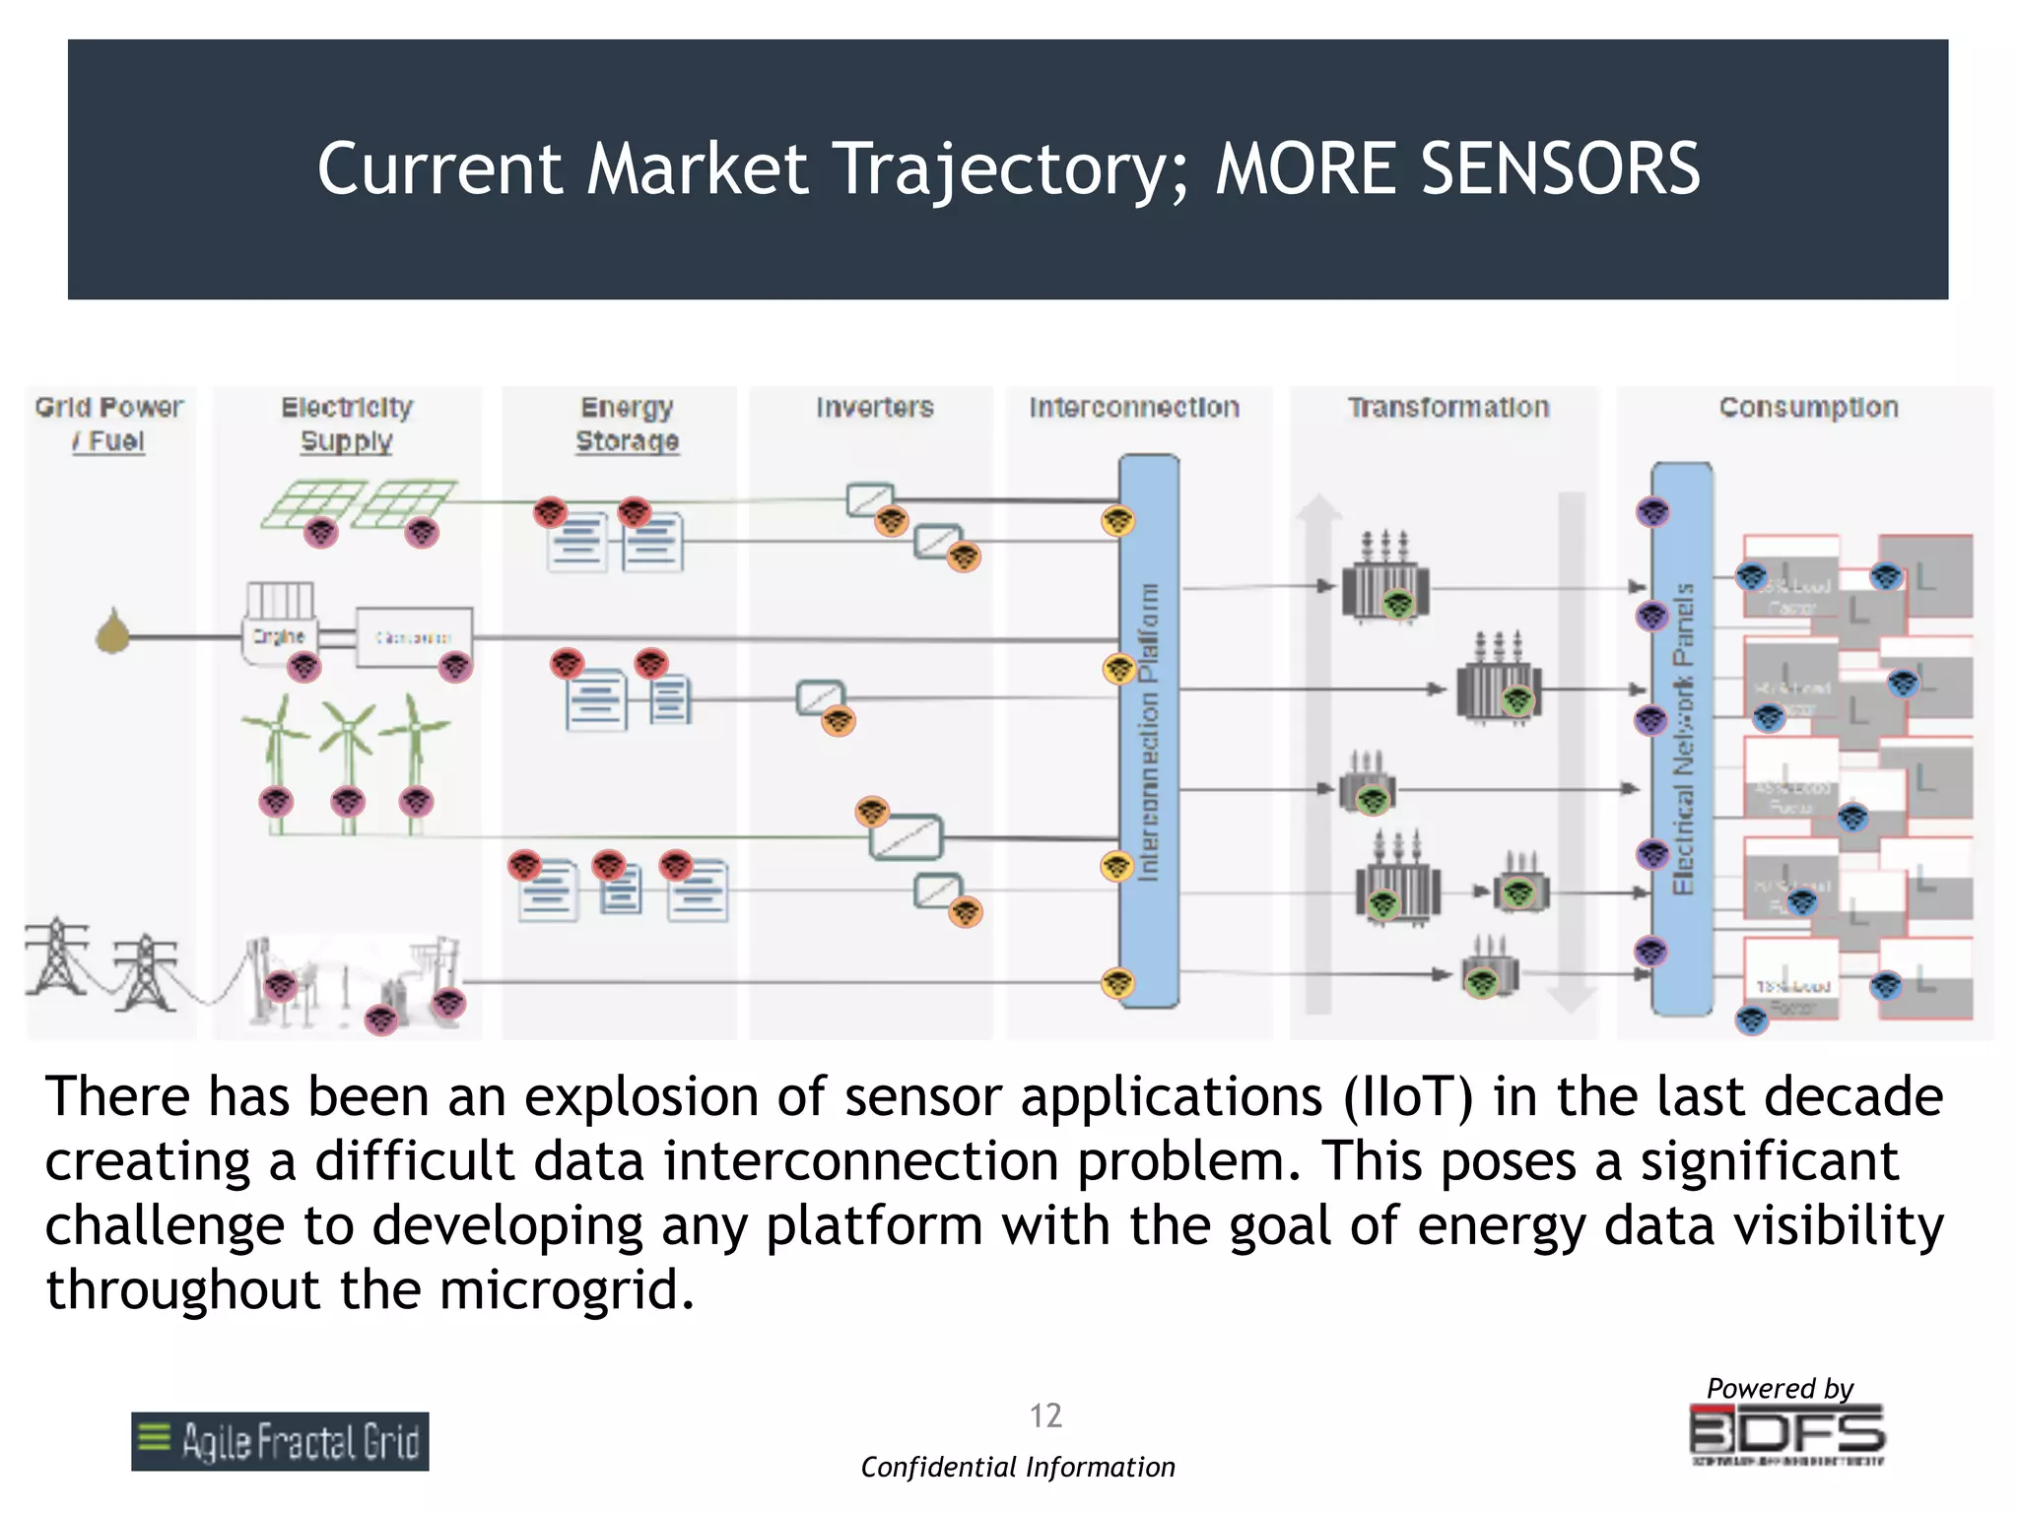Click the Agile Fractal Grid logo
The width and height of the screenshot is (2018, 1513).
tap(280, 1441)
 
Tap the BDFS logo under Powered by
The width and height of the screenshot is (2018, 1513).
tap(1786, 1433)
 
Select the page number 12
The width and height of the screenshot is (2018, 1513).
tap(1045, 1415)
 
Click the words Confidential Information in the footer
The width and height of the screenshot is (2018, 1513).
tap(1018, 1467)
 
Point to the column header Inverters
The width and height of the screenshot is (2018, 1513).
tap(874, 407)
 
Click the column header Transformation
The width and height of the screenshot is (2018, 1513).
tap(1448, 407)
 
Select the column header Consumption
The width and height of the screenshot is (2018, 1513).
tap(1808, 407)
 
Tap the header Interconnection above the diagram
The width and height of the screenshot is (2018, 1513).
tap(1134, 407)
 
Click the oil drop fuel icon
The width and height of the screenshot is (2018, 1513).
tap(113, 631)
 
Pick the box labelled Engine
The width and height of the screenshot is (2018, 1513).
tap(279, 636)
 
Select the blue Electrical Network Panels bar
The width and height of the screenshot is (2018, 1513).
tap(1682, 739)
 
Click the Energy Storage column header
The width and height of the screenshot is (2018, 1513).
tap(627, 424)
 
